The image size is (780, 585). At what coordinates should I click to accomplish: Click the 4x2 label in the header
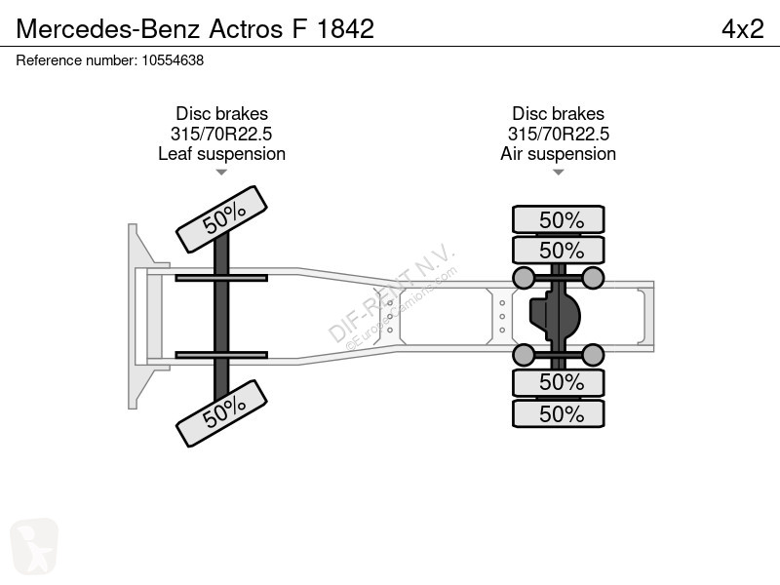click(x=743, y=29)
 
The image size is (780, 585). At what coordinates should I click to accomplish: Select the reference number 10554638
click(x=173, y=60)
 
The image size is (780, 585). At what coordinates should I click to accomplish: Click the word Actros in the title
click(x=246, y=29)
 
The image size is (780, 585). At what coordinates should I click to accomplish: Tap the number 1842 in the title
click(x=345, y=29)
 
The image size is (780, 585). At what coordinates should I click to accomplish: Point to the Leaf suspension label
click(x=222, y=154)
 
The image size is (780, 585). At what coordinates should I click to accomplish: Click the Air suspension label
click(x=558, y=154)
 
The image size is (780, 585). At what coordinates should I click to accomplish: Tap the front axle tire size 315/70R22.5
click(x=221, y=134)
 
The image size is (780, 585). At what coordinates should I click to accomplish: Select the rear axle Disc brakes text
click(x=558, y=113)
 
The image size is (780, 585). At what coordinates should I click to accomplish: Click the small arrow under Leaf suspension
click(x=221, y=173)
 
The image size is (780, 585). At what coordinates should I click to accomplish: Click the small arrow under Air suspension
click(x=558, y=173)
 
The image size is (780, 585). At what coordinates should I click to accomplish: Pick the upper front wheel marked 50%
click(x=222, y=219)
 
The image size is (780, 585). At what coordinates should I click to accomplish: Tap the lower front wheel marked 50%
click(x=222, y=413)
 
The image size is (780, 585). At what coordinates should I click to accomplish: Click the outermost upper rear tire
click(x=559, y=219)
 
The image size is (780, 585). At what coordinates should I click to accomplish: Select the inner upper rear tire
click(x=559, y=251)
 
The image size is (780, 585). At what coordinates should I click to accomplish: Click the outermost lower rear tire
click(x=559, y=413)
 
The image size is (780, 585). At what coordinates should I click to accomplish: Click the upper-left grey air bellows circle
click(x=524, y=278)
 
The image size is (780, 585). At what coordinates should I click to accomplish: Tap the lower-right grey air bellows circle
click(x=593, y=355)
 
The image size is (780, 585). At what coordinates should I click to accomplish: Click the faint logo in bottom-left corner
click(x=34, y=546)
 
